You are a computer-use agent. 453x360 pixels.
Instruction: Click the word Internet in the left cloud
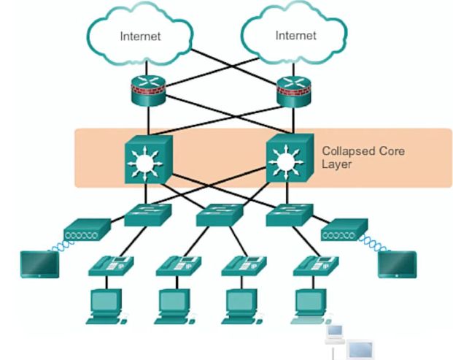[140, 35]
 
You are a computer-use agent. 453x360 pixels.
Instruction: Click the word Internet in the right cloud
[295, 35]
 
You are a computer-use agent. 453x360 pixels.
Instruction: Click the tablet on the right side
[397, 264]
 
